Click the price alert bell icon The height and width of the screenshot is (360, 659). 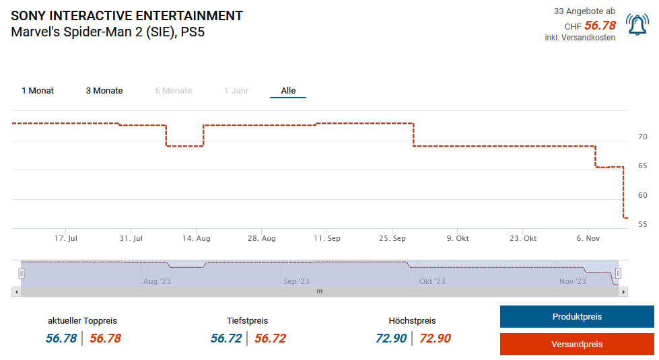point(637,25)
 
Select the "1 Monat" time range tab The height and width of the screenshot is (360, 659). point(38,91)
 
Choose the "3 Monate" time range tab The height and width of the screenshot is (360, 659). point(104,91)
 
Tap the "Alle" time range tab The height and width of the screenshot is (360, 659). point(288,91)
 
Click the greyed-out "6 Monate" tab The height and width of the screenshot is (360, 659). point(174,91)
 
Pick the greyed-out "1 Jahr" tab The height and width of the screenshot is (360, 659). point(236,91)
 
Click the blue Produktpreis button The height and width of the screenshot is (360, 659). point(577,316)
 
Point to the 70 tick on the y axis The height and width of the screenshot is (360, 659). point(642,137)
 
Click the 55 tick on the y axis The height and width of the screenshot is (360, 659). point(642,224)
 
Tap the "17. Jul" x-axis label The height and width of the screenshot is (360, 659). point(66,238)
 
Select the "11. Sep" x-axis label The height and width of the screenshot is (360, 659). point(327,238)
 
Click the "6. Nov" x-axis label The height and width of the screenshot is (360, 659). point(588,238)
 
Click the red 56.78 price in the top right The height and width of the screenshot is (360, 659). point(600,26)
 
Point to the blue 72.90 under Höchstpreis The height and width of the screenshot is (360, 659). point(391,338)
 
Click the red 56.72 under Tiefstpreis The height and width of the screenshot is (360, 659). point(270,338)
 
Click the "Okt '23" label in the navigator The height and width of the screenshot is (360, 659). point(431,281)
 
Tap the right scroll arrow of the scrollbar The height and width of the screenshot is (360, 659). point(623,291)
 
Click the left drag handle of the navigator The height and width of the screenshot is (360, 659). point(22,273)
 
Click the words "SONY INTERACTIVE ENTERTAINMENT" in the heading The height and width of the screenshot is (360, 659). point(127,15)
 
